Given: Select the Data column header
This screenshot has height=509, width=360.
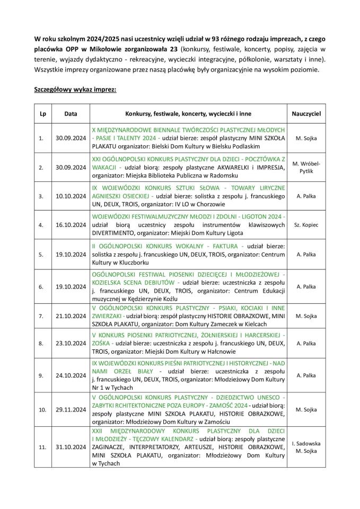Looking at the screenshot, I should click(x=71, y=114).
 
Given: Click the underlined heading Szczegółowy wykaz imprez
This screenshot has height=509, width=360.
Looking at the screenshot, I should click(x=75, y=90).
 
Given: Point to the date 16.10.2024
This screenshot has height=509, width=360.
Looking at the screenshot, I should click(x=71, y=225).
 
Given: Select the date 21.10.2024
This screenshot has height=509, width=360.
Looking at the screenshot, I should click(x=71, y=316).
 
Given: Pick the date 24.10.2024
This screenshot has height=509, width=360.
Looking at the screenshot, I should click(x=71, y=375).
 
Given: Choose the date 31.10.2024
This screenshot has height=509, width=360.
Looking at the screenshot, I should click(x=71, y=447).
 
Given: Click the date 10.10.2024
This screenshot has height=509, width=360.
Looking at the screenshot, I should click(x=71, y=196).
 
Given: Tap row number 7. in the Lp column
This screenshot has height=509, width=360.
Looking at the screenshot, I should click(x=42, y=316).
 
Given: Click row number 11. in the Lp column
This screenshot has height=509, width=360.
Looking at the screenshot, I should click(x=42, y=447).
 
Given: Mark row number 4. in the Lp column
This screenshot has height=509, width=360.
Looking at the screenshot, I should click(x=42, y=225).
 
